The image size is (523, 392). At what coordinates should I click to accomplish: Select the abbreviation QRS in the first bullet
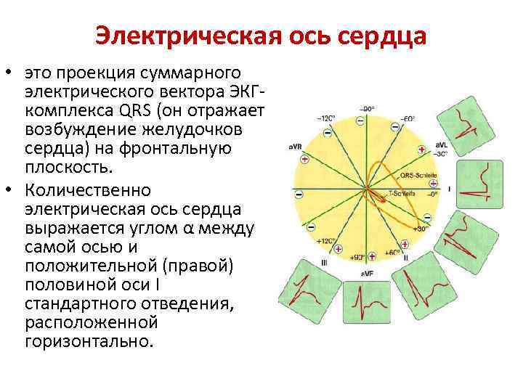131,110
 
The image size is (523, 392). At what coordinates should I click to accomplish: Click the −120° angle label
325,118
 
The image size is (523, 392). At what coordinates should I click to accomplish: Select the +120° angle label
325,240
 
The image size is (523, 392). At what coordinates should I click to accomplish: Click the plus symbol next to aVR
305,158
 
